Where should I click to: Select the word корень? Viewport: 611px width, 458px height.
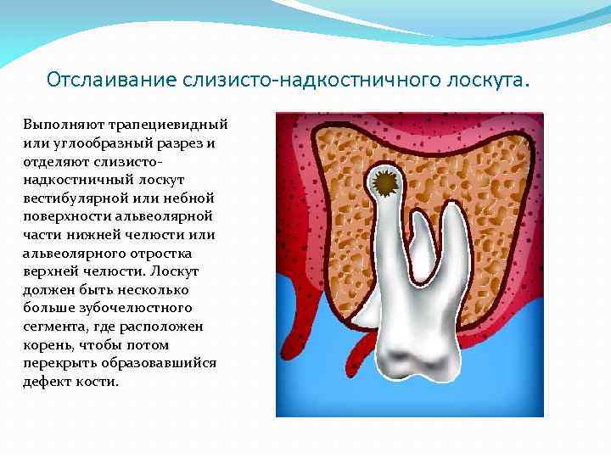click(x=50, y=345)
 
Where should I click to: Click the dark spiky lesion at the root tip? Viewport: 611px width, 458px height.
click(x=386, y=183)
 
